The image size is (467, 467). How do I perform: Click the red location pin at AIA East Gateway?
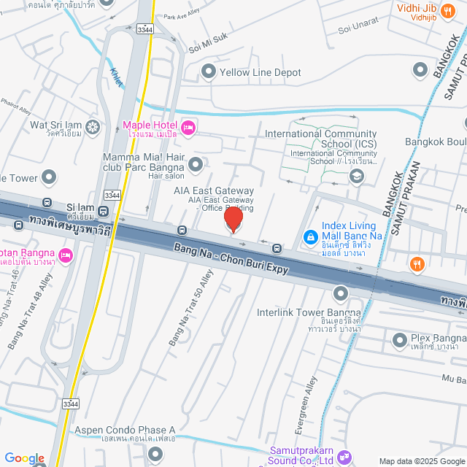pyautogui.click(x=233, y=219)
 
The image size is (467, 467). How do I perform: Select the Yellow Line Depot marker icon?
pyautogui.click(x=209, y=72)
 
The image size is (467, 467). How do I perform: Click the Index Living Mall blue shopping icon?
pyautogui.click(x=310, y=237)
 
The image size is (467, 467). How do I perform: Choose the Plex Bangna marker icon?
pyautogui.click(x=400, y=340)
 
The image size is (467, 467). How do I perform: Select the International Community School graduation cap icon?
pyautogui.click(x=356, y=175)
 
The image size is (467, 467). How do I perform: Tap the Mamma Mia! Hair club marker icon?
pyautogui.click(x=195, y=165)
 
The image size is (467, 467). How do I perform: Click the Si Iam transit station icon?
pyautogui.click(x=104, y=212)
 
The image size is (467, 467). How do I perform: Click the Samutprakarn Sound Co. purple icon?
pyautogui.click(x=344, y=458)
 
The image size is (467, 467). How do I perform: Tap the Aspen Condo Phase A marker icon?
pyautogui.click(x=155, y=454)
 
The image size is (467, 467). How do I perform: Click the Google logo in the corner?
pyautogui.click(x=24, y=458)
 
